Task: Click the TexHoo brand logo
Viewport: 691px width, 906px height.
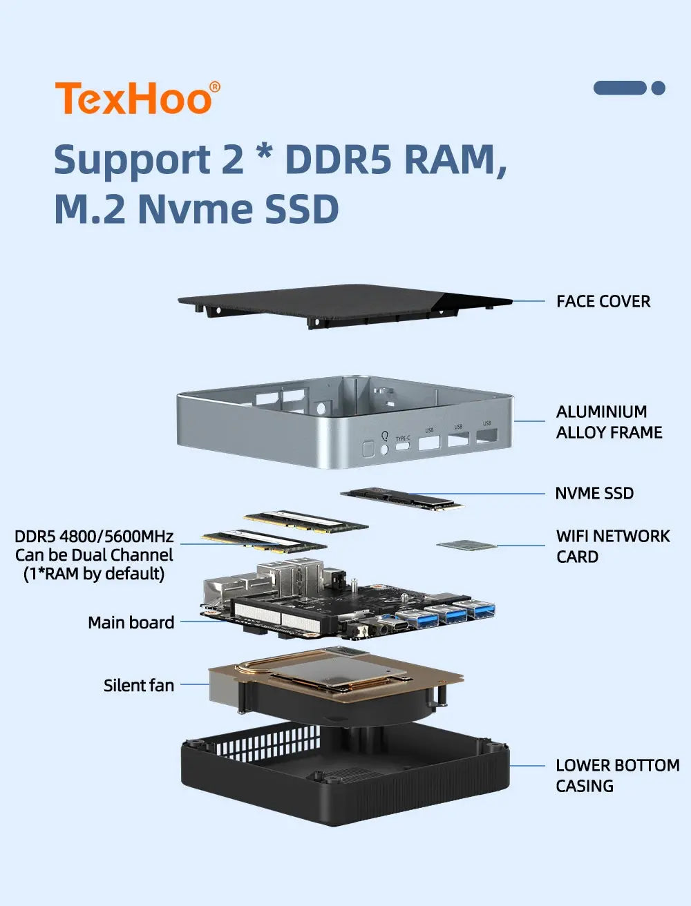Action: click(133, 98)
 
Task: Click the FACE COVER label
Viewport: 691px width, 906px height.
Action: click(603, 301)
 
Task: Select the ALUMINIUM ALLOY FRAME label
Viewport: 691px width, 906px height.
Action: click(608, 422)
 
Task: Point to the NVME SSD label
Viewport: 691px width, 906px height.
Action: click(594, 493)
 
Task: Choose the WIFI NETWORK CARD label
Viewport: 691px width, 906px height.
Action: click(612, 546)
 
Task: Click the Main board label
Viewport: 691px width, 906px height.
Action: click(131, 622)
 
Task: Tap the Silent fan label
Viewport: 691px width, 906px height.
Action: click(138, 685)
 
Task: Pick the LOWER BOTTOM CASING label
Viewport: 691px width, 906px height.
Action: click(616, 775)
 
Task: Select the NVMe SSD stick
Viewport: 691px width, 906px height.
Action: click(402, 498)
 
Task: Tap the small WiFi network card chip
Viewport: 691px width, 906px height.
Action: click(466, 546)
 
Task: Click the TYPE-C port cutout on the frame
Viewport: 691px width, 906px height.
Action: click(402, 446)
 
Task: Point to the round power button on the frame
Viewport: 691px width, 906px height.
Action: click(385, 450)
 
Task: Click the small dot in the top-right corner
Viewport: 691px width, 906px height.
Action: click(659, 88)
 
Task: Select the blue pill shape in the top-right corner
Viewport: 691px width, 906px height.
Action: click(619, 88)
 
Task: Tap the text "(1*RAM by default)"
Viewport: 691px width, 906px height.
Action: click(94, 574)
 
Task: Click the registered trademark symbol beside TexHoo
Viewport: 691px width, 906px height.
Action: click(215, 87)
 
